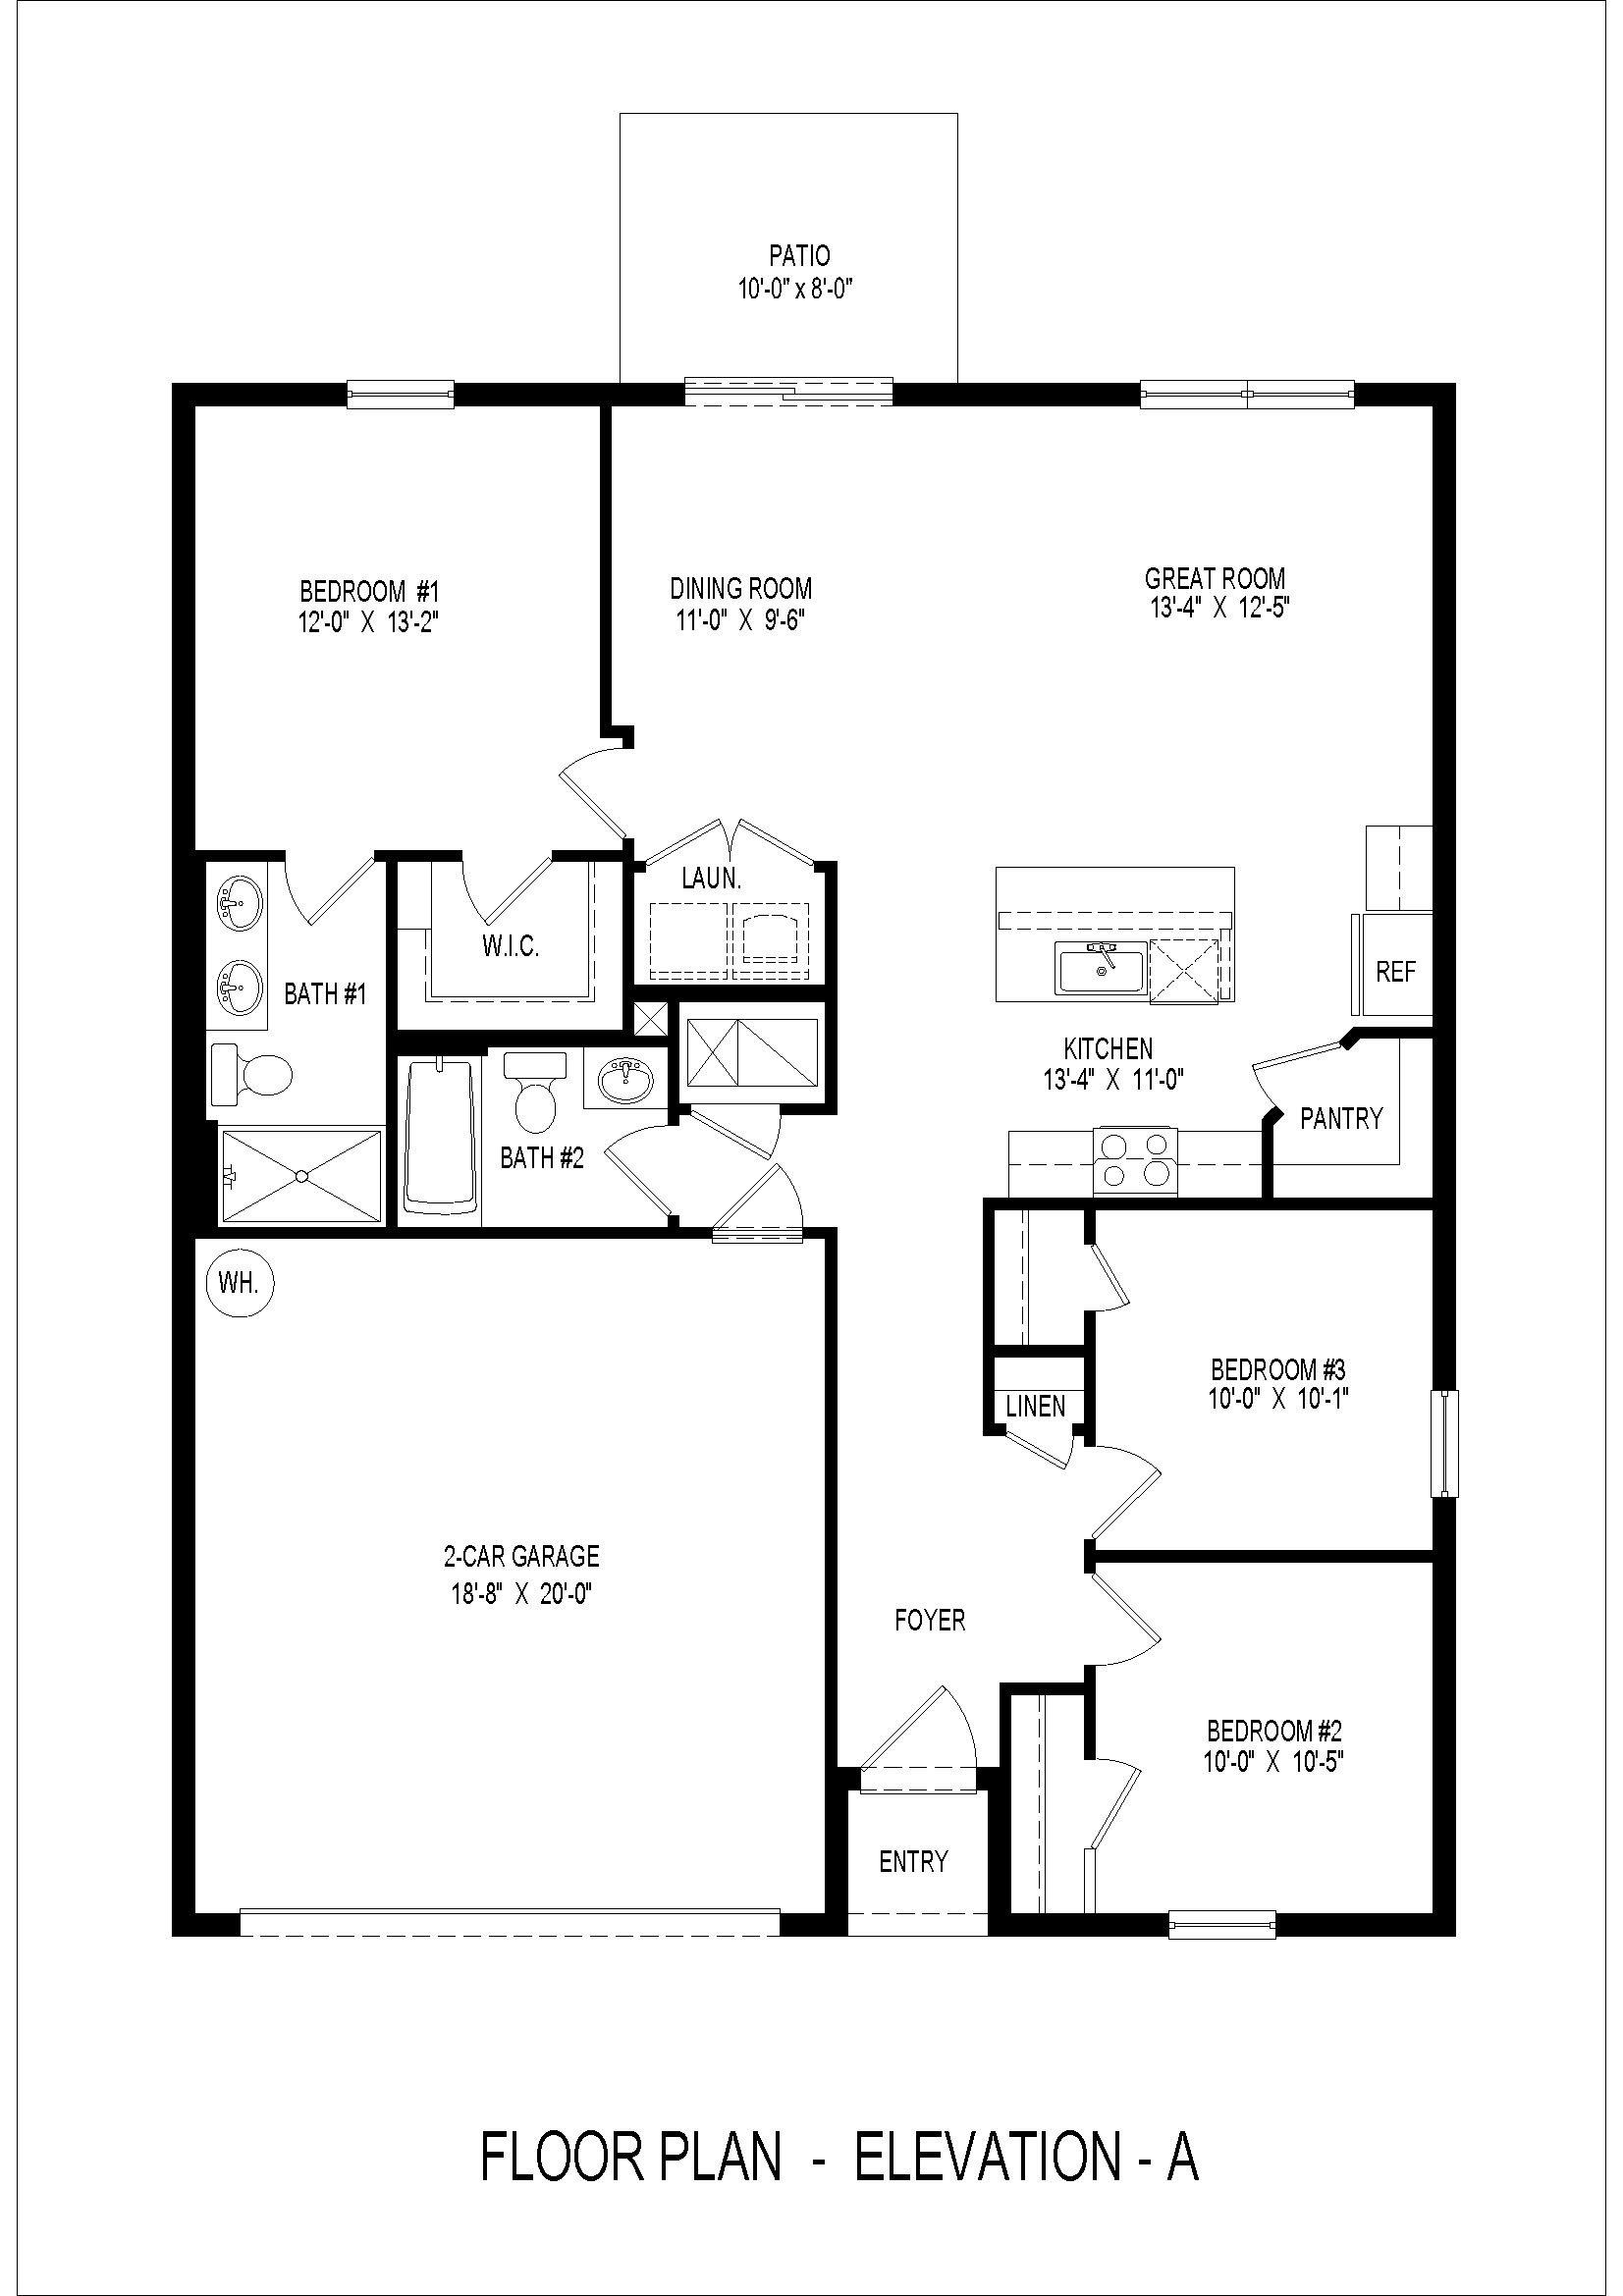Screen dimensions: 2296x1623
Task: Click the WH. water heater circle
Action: tap(238, 1283)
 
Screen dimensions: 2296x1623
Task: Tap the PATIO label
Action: tap(799, 256)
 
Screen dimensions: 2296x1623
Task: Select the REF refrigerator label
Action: tap(1395, 972)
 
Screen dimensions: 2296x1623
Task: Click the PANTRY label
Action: tap(1341, 1118)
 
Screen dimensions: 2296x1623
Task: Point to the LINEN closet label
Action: tap(1035, 1406)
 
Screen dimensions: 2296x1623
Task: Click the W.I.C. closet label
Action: tap(511, 946)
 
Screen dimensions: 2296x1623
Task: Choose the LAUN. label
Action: tap(711, 879)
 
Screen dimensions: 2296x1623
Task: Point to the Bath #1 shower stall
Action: tap(301, 1176)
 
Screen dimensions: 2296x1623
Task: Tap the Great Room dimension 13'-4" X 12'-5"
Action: tap(1220, 608)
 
